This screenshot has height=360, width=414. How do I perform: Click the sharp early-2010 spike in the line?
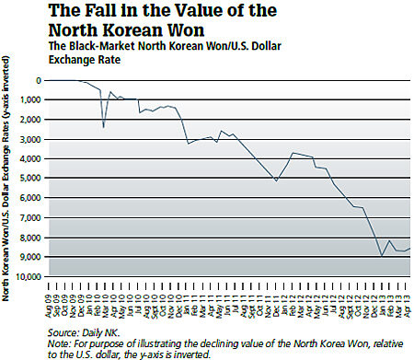pyautogui.click(x=104, y=126)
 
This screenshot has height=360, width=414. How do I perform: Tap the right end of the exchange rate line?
pyautogui.click(x=410, y=248)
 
